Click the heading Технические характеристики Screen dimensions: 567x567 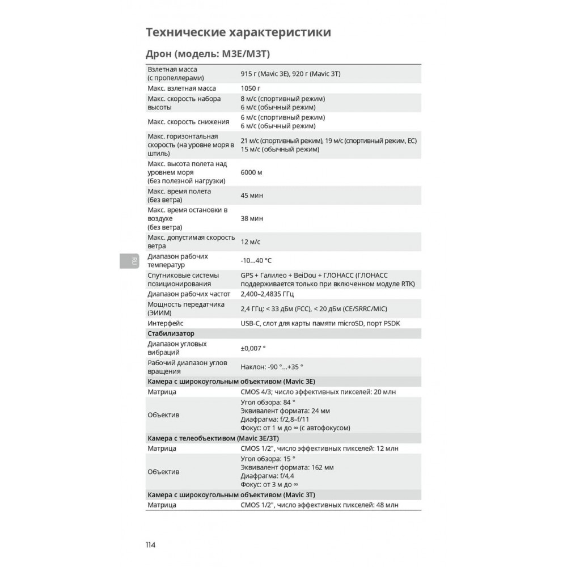tap(238, 32)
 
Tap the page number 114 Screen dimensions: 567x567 tap(150, 545)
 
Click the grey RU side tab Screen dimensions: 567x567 tap(133, 261)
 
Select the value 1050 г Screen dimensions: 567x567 tap(251, 88)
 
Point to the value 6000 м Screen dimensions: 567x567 tap(252, 172)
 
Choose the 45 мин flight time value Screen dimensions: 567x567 tap(252, 195)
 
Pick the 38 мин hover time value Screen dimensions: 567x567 tap(252, 218)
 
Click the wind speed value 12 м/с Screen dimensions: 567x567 tap(251, 242)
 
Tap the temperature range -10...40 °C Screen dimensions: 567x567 tap(256, 260)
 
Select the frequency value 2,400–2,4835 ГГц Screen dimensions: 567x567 tap(268, 294)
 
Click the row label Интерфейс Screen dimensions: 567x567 tap(165, 323)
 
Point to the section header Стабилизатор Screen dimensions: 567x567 tap(171, 333)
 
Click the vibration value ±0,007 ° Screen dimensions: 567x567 tap(253, 348)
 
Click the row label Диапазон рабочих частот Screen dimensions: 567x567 tap(189, 294)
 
